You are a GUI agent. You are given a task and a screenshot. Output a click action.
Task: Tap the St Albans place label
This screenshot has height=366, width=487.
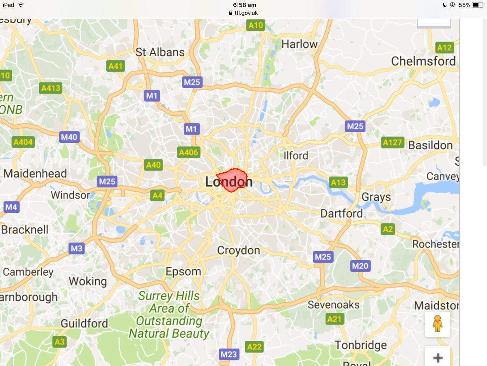160,52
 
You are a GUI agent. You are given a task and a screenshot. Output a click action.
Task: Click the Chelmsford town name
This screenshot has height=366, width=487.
423,61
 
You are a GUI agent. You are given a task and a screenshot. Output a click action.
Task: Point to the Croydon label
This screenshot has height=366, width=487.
239,250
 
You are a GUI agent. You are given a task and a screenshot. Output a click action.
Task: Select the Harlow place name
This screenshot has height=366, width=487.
300,44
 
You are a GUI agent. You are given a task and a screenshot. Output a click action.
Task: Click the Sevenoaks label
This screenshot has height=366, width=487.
334,304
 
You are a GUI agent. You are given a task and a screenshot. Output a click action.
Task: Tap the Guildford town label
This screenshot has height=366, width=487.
84,323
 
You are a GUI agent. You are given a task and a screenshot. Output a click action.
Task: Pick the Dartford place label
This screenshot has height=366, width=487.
342,213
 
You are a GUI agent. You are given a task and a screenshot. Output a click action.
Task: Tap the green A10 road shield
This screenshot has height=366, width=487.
256,25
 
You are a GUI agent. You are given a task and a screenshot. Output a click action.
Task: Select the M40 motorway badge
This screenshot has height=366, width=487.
69,137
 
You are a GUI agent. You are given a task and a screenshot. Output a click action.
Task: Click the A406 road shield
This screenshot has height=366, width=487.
189,153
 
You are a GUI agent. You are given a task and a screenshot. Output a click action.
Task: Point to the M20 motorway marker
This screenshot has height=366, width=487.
360,266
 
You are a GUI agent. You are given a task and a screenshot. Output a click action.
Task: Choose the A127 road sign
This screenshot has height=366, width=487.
392,142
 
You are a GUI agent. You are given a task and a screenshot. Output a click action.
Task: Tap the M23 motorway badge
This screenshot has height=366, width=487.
228,354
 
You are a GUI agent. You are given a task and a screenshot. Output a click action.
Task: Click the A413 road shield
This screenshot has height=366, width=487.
51,88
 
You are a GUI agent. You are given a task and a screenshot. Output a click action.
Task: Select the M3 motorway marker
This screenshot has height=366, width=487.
76,248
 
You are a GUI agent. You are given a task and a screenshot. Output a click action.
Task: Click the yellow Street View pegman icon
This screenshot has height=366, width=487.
437,324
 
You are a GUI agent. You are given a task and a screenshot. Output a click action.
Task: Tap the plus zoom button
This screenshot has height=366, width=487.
437,358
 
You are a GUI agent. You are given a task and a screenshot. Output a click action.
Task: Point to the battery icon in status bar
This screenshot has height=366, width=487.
477,5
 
